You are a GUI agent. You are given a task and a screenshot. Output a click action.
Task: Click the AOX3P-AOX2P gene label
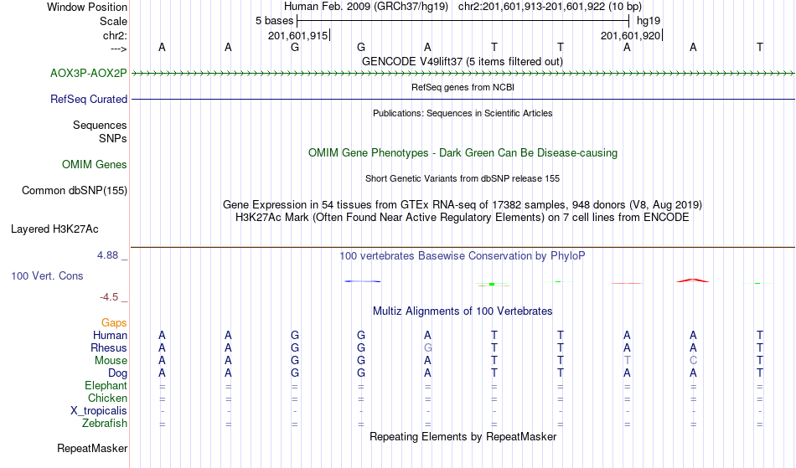pos(88,74)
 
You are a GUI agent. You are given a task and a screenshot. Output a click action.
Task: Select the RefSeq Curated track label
pos(88,100)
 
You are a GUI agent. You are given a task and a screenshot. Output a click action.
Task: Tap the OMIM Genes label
pos(95,165)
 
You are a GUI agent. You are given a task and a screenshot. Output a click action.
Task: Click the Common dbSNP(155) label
pos(75,191)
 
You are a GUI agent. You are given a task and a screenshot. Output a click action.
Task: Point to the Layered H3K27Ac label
pos(54,229)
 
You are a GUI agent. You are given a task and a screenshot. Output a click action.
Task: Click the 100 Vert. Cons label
pos(47,275)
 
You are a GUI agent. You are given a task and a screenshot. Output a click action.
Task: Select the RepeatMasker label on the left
pos(92,448)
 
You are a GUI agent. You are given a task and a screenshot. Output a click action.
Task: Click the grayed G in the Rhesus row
pos(428,347)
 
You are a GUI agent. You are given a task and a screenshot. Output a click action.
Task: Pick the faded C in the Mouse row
pos(693,361)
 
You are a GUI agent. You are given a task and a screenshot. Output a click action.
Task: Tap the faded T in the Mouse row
pos(627,361)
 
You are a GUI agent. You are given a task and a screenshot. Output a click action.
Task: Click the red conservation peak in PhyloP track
pos(693,280)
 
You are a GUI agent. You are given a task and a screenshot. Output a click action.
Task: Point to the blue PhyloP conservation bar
pos(363,281)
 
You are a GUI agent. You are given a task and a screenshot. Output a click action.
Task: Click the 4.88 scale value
pos(107,255)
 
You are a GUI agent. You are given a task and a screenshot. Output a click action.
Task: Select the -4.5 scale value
pos(109,297)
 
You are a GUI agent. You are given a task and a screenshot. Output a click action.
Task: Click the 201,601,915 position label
pos(298,35)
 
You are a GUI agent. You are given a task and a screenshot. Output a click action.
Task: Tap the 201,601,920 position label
pos(630,35)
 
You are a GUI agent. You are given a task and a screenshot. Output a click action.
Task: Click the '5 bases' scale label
pos(274,21)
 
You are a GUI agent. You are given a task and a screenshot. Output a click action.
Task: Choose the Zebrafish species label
pos(105,424)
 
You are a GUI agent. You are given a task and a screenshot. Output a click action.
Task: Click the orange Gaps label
pos(114,323)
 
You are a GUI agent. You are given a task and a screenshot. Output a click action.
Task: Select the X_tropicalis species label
pos(99,411)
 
